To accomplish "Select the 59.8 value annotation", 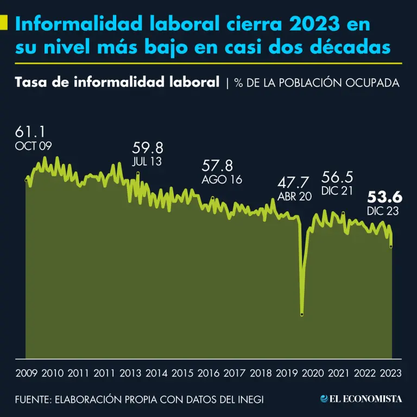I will coord(148,148).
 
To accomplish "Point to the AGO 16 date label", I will coord(222,180).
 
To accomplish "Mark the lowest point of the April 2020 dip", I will coord(302,314).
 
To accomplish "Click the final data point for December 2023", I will coord(391,247).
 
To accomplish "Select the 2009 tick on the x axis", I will coord(27,373).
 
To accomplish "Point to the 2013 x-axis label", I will coord(130,373).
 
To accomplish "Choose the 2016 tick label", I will coord(208,373).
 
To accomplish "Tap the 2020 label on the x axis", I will coord(313,373).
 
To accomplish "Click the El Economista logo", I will coord(361,399).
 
